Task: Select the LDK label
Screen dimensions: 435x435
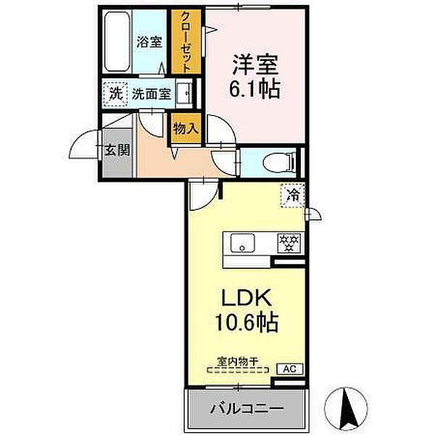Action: coord(245,297)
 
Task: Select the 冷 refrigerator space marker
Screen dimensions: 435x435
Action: coord(294,194)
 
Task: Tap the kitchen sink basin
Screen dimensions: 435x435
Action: coord(242,243)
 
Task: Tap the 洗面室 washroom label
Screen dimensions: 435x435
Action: coord(151,94)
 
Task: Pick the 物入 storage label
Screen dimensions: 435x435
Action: coord(186,130)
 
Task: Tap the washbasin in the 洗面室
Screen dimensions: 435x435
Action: coord(186,94)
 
